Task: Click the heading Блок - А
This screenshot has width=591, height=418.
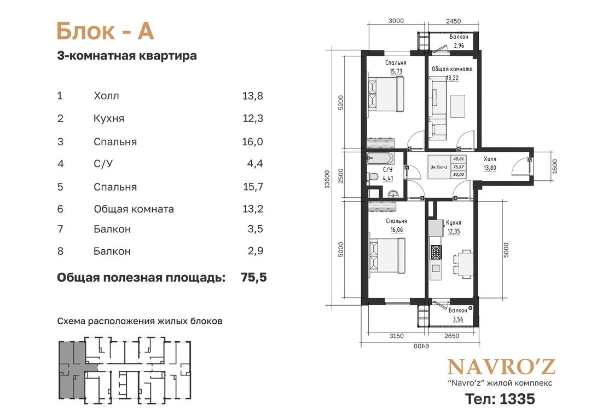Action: click(x=105, y=31)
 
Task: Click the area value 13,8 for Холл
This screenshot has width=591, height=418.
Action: click(x=252, y=96)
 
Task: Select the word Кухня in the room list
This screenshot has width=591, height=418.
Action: click(x=108, y=118)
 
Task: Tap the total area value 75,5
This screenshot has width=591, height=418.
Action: click(x=254, y=277)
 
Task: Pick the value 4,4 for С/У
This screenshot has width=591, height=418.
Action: click(x=255, y=164)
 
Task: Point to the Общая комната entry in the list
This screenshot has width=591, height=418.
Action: click(x=134, y=209)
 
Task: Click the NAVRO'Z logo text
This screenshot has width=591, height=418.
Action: click(x=501, y=367)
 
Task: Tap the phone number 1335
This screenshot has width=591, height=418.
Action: click(x=517, y=399)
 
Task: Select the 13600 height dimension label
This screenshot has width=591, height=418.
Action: click(x=327, y=179)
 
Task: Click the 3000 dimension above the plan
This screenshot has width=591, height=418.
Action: click(x=396, y=21)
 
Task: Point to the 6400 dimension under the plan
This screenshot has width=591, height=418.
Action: click(x=421, y=346)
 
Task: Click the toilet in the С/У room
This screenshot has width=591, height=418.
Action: click(x=373, y=176)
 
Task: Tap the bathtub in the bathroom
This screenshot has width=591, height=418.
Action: click(x=381, y=158)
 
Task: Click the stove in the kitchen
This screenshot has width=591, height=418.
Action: click(x=436, y=252)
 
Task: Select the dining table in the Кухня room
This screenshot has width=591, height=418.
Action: click(x=462, y=264)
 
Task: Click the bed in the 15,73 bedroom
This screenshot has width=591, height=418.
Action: click(x=386, y=94)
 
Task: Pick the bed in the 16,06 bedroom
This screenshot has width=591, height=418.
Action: click(x=387, y=255)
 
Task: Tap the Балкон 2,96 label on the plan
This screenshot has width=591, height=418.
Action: click(x=459, y=41)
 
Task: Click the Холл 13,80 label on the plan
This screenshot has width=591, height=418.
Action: click(x=490, y=163)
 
